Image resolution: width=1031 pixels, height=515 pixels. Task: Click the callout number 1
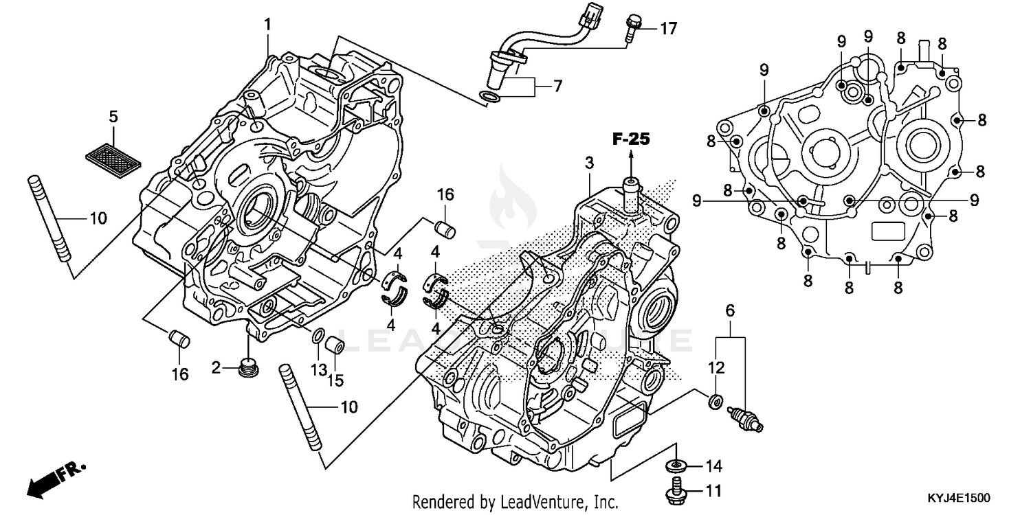267,25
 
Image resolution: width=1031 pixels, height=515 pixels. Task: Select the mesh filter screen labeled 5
113,152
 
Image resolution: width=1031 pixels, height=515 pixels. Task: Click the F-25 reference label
631,140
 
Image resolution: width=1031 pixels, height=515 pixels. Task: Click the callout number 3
589,163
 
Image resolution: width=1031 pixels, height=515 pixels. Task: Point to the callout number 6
730,310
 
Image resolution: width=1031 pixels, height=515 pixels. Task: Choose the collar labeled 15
335,344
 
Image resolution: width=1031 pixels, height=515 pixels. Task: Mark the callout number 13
318,370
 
